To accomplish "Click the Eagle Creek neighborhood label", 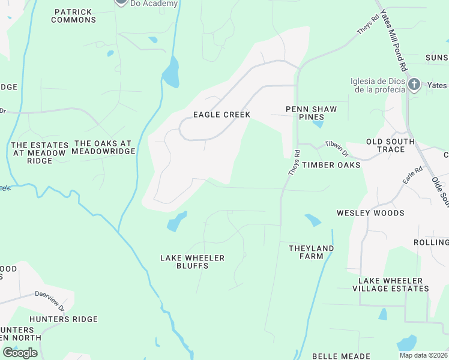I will [221, 115].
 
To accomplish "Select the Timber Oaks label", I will [331, 165].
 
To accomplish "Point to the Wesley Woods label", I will [370, 213].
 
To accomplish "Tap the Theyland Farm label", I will [311, 252].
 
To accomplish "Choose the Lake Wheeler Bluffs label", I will [192, 262].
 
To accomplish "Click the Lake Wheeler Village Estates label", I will [393, 284].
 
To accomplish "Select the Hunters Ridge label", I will [63, 319].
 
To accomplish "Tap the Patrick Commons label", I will [73, 16].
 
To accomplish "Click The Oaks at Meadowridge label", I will [102, 148].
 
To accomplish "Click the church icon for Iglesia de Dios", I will [414, 85].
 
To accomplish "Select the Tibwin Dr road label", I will [337, 146].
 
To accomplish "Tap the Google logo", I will [20, 353].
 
